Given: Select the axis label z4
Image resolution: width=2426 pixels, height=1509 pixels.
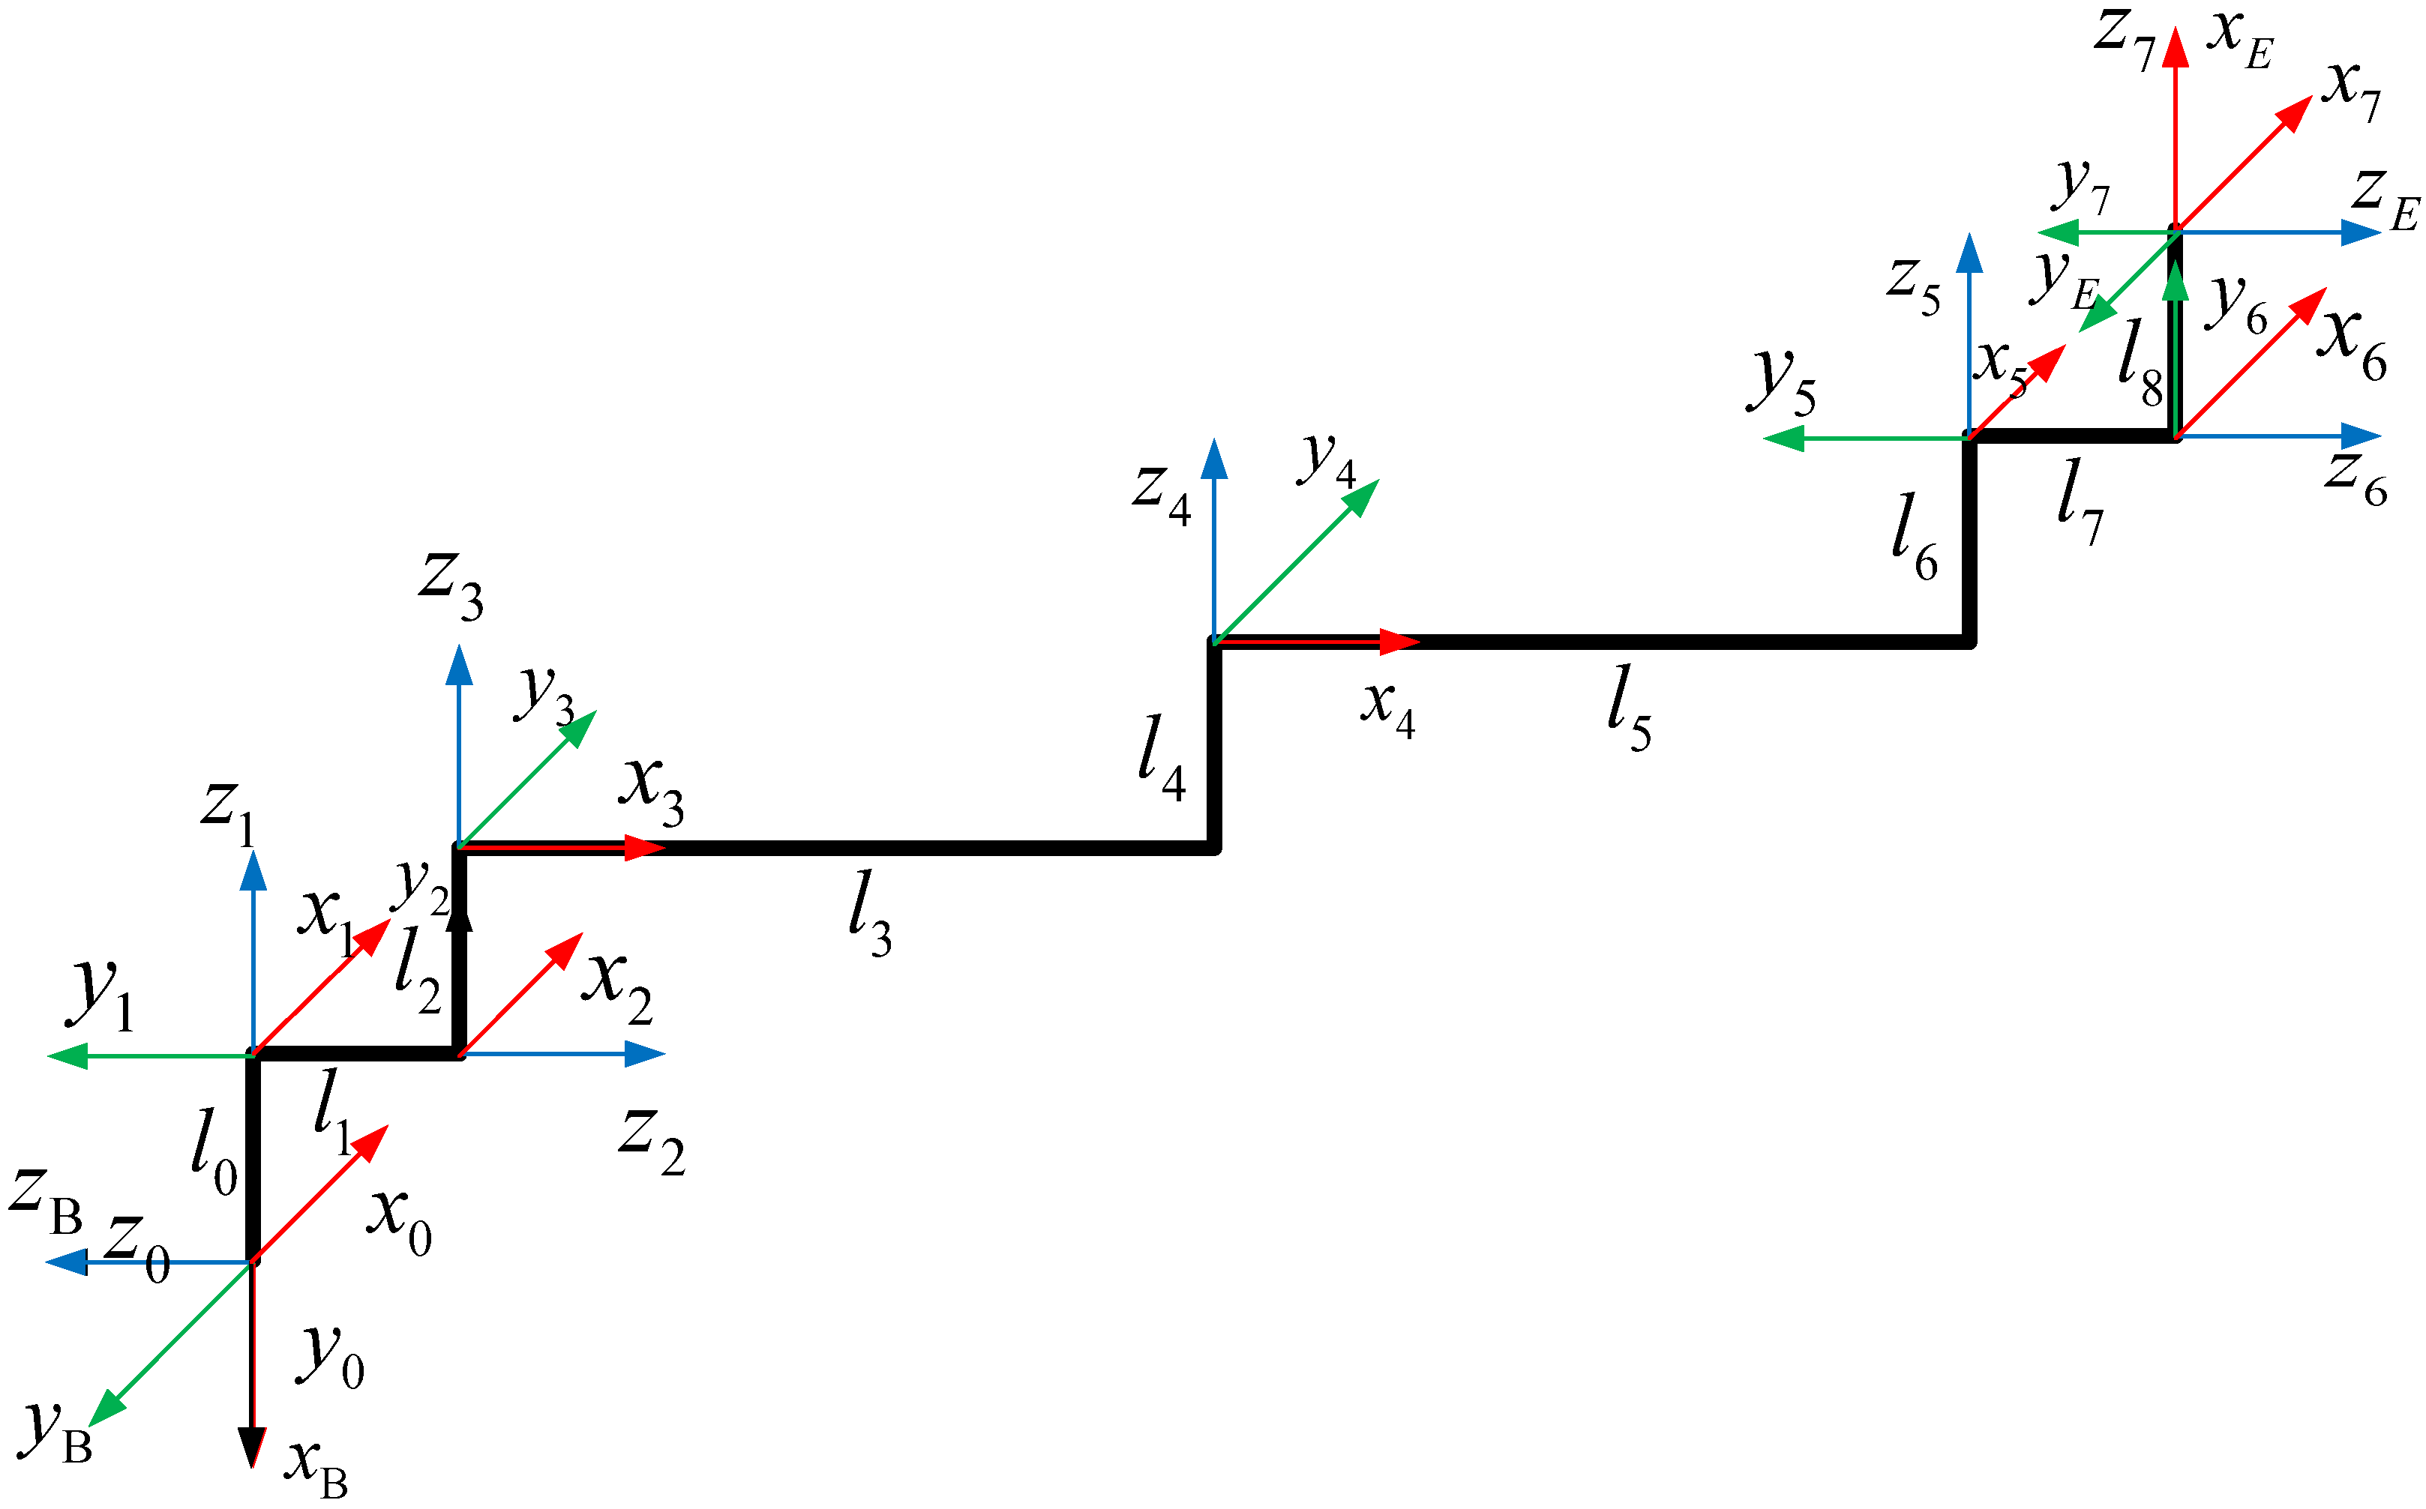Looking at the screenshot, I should (x=1161, y=495).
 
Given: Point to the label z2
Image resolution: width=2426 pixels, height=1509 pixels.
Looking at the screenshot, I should (x=651, y=1142).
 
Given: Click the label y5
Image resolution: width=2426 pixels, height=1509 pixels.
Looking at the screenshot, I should (x=1781, y=385).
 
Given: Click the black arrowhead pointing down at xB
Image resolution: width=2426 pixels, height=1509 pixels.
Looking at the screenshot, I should (x=253, y=1447).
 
